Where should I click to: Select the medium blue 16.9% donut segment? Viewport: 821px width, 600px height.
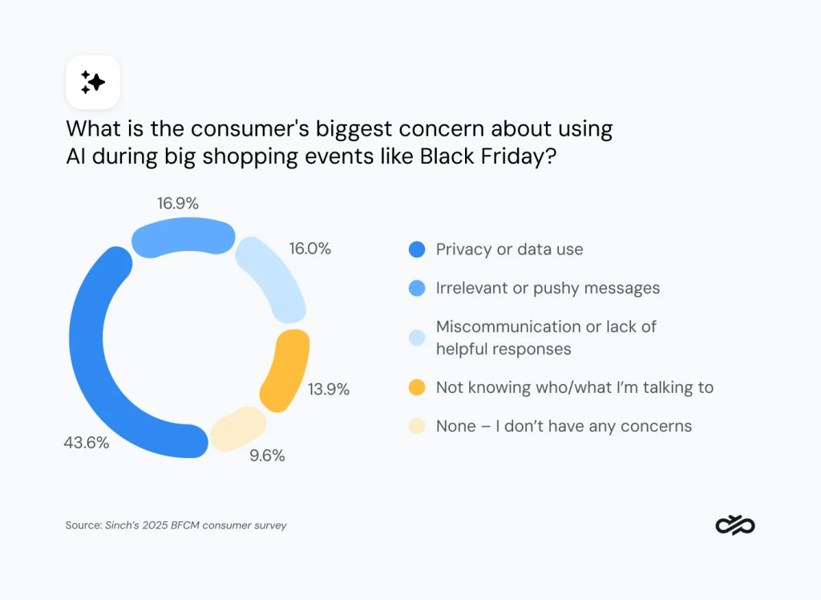tap(183, 239)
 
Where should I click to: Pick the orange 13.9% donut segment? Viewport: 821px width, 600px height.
tap(285, 371)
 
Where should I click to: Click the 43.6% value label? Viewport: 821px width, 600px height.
tap(86, 443)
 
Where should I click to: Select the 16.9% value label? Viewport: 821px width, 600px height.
tap(178, 203)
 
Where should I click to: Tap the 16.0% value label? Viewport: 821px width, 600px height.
tap(309, 249)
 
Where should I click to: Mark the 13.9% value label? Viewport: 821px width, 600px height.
tap(329, 390)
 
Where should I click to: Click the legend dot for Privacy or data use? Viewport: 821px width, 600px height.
tap(416, 249)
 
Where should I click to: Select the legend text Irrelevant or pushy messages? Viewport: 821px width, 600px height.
tap(548, 288)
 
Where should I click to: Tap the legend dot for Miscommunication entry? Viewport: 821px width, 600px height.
tap(416, 338)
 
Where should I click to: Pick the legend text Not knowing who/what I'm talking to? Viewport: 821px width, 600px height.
tap(574, 387)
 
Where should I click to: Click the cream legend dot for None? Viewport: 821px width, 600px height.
tap(416, 426)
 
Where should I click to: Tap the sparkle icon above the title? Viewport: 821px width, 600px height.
tap(93, 82)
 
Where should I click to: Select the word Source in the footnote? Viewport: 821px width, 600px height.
tap(83, 525)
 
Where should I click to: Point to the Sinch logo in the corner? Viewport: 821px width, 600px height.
tap(734, 525)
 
